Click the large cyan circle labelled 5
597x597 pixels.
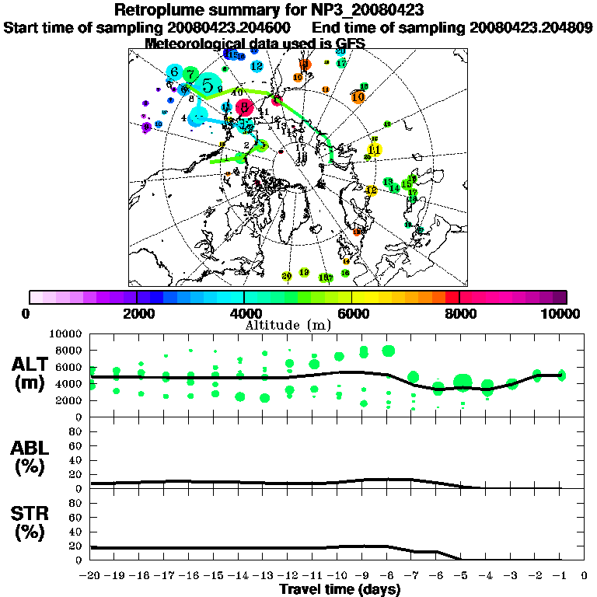click(208, 85)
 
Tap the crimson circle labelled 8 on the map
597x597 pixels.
click(245, 106)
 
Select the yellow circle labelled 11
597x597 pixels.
click(375, 149)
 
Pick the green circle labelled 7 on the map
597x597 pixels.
click(190, 74)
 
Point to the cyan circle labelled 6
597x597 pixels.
click(175, 72)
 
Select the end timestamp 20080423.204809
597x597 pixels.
click(532, 27)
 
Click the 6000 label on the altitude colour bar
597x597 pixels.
click(351, 313)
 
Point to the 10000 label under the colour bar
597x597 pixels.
click(562, 313)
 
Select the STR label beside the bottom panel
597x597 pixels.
click(31, 513)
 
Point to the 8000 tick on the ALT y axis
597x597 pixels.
click(72, 350)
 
